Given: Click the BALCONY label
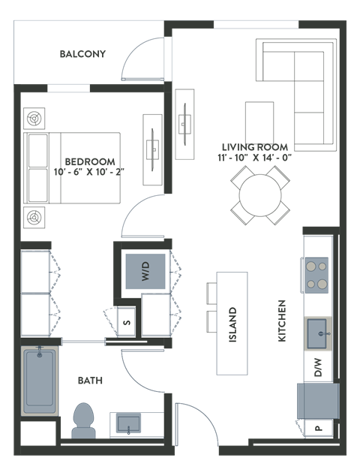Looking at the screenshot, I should (x=83, y=54).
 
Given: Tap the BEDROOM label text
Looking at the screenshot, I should (x=90, y=161).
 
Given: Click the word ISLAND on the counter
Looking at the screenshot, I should (x=232, y=324).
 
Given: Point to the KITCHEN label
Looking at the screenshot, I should (x=283, y=321).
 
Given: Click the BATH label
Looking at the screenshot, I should (x=90, y=381).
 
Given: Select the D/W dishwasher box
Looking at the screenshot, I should (x=317, y=369).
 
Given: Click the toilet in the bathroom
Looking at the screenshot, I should (x=82, y=420).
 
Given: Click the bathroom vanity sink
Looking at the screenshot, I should (x=129, y=424).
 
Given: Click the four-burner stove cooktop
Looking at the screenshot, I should (x=316, y=274).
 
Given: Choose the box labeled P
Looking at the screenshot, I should (x=318, y=429).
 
